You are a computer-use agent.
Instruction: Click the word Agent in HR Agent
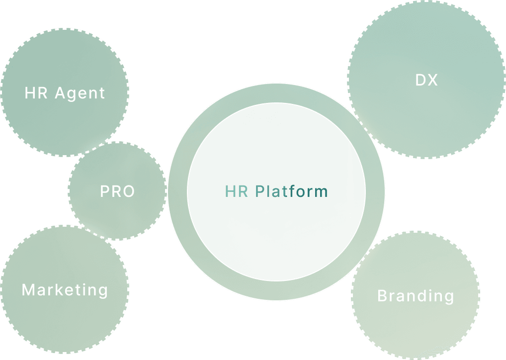point(80,93)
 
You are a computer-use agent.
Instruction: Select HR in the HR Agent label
point(36,93)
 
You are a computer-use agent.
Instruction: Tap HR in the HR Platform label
point(237,191)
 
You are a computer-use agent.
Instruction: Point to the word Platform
point(292,191)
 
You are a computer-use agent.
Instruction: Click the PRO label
point(117,191)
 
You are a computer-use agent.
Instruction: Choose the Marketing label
point(65,289)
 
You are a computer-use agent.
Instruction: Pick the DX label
point(426,80)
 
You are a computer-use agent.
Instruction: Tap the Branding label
point(416,296)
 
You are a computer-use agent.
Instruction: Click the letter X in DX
point(433,80)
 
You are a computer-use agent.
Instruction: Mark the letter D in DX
point(421,80)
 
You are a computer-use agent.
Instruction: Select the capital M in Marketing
point(28,289)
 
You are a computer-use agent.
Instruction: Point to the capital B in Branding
point(382,296)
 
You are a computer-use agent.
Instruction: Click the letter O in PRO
point(128,191)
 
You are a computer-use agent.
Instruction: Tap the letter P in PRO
point(105,191)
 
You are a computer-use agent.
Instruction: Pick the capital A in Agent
point(60,93)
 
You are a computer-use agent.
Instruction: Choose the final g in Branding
point(449,297)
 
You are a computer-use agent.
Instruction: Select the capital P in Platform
point(260,191)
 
